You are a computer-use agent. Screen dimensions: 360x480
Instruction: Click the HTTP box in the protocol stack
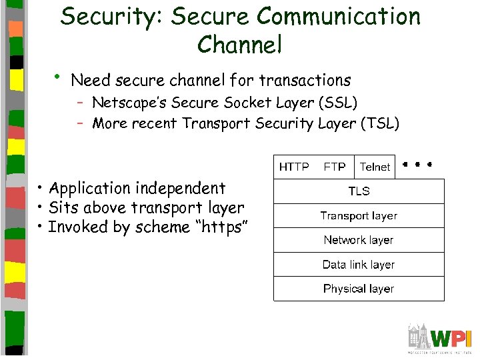[x=294, y=167]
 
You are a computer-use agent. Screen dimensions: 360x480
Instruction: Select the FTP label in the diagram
[x=335, y=167]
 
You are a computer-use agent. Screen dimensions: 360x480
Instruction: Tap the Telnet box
[x=375, y=167]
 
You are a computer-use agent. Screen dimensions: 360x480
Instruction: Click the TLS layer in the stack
[x=359, y=191]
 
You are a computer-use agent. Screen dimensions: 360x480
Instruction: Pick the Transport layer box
[x=359, y=215]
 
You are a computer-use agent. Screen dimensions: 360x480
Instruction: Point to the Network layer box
[x=359, y=240]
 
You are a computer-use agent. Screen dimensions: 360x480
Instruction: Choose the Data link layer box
[x=359, y=265]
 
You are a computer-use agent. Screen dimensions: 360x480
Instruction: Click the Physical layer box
[x=359, y=289]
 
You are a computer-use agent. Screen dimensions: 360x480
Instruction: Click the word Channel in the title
[x=240, y=45]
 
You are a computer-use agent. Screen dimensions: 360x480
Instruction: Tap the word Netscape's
[x=129, y=103]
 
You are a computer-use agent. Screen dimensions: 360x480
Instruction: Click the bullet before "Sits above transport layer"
[x=41, y=207]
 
